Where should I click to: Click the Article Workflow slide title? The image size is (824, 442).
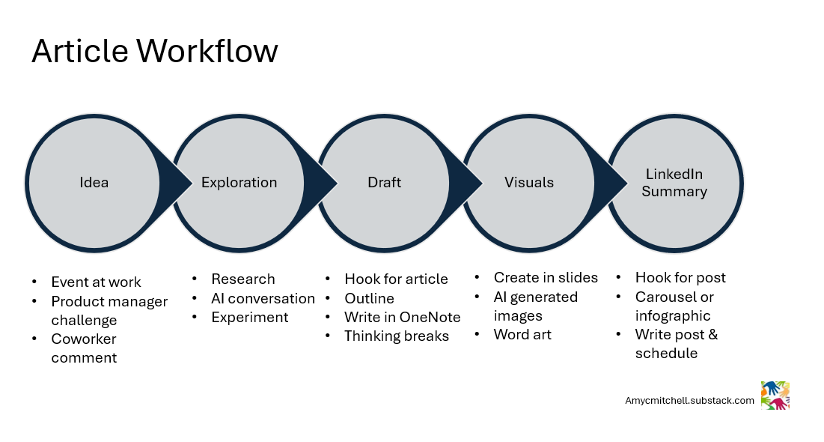[x=155, y=51]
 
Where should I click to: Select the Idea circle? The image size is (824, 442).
[x=94, y=183]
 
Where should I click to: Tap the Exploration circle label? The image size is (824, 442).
[x=239, y=183]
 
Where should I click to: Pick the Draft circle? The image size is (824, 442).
[x=384, y=183]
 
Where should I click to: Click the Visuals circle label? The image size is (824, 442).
[x=528, y=183]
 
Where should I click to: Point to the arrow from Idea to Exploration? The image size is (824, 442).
[x=177, y=183]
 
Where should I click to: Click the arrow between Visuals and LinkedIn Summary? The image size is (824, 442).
[x=613, y=183]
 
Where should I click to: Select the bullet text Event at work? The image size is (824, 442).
[x=96, y=282]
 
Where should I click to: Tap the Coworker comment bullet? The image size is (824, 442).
[x=84, y=348]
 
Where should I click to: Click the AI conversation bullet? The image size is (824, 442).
[x=263, y=298]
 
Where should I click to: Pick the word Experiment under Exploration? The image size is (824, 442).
[x=249, y=318]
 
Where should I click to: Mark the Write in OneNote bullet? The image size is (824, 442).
[x=402, y=318]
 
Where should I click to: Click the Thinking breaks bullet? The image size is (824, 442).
[x=396, y=336]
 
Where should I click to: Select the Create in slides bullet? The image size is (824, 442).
[x=546, y=278]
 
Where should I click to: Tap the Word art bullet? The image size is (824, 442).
[x=522, y=335]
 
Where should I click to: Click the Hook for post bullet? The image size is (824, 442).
[x=680, y=278]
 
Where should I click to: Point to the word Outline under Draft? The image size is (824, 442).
[x=369, y=298]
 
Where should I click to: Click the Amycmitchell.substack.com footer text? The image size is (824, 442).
[x=689, y=401]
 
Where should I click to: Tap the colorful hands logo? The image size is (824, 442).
[x=775, y=396]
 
